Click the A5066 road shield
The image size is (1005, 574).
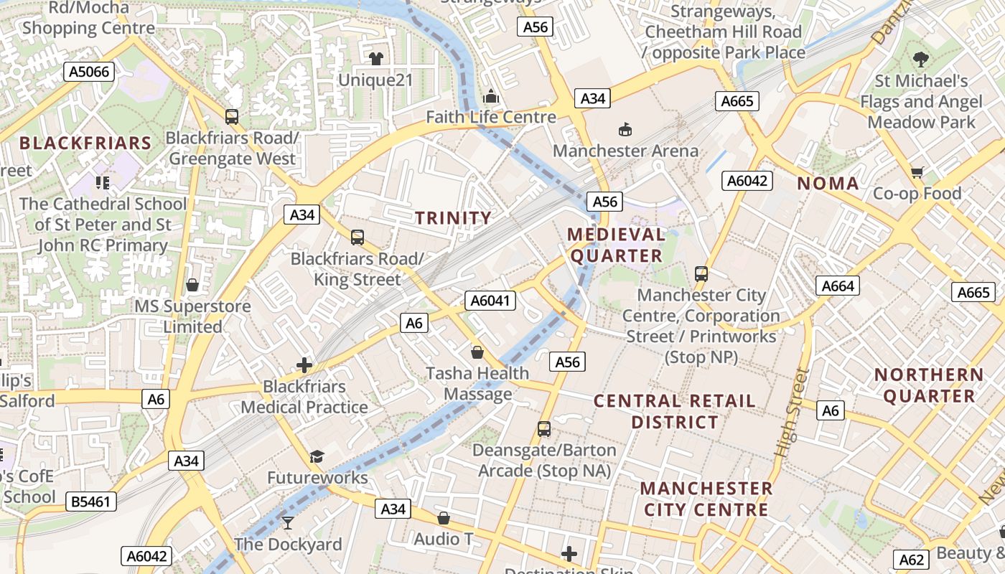[x=89, y=71]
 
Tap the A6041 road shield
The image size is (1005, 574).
[x=491, y=300]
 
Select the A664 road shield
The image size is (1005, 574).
[x=838, y=286]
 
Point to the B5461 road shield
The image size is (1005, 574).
[x=92, y=501]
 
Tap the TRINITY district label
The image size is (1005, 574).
[x=454, y=218]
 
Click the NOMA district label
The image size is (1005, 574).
[x=828, y=184]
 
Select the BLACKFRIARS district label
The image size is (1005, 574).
[x=85, y=143]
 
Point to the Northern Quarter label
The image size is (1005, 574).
[x=929, y=385]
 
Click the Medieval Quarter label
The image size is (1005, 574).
[x=615, y=245]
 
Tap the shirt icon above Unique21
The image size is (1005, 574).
[x=375, y=58]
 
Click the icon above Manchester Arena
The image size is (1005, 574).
[x=625, y=129]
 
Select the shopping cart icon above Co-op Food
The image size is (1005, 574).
[x=917, y=172]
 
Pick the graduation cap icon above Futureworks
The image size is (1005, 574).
[x=317, y=456]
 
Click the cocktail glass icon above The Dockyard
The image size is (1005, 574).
[x=288, y=522]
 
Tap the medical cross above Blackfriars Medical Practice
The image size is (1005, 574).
[x=304, y=365]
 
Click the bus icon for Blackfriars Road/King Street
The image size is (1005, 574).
[x=357, y=237]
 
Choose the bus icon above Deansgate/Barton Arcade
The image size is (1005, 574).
[x=544, y=429]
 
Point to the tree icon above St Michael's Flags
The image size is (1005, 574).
[x=921, y=60]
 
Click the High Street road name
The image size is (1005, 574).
[x=792, y=413]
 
